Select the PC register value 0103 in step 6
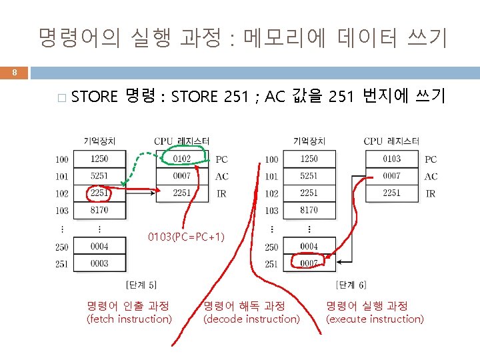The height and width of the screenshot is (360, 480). (391, 159)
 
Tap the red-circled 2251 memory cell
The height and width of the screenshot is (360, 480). (99, 193)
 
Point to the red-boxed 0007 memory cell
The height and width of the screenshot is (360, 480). (308, 263)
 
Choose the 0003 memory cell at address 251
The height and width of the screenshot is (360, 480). (99, 263)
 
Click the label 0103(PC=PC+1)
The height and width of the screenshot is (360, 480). (186, 237)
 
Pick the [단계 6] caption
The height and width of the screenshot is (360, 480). (351, 285)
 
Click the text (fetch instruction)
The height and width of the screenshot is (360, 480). (129, 319)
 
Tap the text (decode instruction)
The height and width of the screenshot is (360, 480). (251, 319)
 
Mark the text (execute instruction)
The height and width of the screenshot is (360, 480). (374, 319)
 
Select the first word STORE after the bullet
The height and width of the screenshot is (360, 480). (94, 97)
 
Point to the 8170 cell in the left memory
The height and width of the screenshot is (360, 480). (99, 210)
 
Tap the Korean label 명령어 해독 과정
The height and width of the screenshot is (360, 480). (244, 306)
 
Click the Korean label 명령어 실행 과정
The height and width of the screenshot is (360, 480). (367, 306)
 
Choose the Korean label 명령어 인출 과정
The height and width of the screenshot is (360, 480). (128, 306)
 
